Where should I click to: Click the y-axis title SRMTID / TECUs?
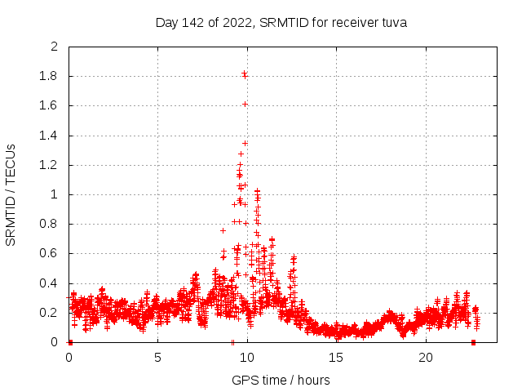point(11,194)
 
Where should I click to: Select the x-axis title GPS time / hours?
point(281,380)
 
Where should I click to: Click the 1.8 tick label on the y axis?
point(49,77)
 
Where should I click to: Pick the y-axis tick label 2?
point(55,47)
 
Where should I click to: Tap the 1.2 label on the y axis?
point(49,165)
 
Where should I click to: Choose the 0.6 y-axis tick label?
point(49,254)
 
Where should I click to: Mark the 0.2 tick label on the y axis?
point(49,313)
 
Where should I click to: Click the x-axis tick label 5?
point(157,358)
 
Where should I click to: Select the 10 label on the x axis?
point(247,358)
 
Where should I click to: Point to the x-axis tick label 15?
point(336,358)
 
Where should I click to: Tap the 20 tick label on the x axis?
point(426,358)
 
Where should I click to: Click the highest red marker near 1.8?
point(244,74)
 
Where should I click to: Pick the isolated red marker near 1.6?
point(245,104)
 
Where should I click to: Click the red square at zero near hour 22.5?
point(473,342)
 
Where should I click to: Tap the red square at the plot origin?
point(70,342)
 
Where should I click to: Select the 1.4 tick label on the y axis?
point(49,136)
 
